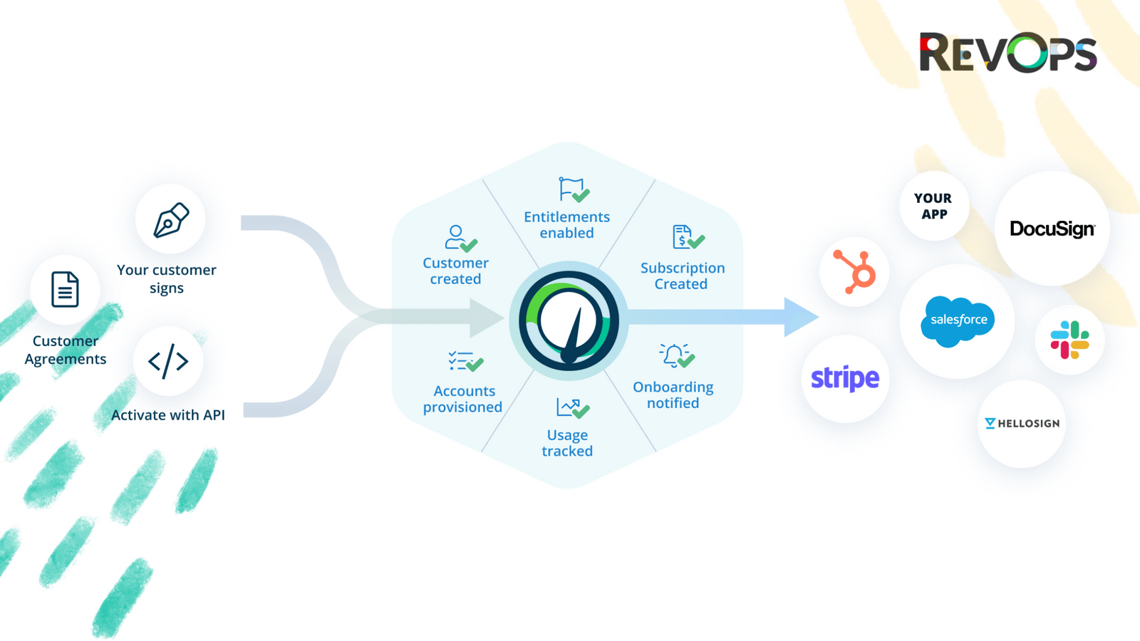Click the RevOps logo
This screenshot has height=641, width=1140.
tap(1007, 53)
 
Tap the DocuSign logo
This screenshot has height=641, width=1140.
tap(1052, 229)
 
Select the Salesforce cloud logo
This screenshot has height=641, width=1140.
tap(958, 320)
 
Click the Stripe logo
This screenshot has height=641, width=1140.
tap(845, 378)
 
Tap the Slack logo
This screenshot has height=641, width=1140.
tap(1069, 340)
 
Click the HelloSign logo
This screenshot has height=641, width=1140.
tap(1022, 423)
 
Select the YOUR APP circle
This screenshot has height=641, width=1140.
tap(933, 206)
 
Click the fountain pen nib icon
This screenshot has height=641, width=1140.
tap(171, 220)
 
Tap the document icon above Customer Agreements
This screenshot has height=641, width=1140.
tap(65, 289)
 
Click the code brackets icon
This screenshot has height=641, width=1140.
tap(168, 361)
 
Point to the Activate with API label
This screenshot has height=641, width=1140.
tap(168, 415)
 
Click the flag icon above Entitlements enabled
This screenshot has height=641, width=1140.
tap(572, 190)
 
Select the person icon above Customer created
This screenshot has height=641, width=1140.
tap(460, 238)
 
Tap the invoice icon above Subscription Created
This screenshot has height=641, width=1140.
tap(687, 237)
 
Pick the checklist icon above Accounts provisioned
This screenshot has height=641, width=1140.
tap(465, 362)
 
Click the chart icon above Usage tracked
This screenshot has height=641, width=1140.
tap(571, 408)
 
